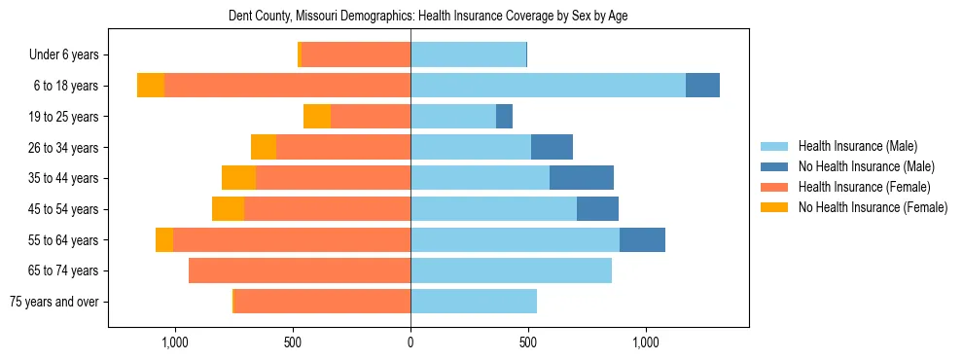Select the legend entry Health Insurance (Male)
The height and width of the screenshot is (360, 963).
click(857, 146)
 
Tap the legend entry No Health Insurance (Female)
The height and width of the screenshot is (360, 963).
click(873, 207)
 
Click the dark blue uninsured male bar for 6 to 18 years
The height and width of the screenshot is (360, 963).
click(702, 86)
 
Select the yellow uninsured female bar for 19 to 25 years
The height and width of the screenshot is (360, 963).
click(317, 117)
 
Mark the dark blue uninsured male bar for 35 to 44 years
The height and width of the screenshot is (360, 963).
click(582, 178)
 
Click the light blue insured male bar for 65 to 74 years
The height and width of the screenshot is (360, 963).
click(511, 270)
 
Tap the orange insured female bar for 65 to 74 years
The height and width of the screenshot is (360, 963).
click(300, 270)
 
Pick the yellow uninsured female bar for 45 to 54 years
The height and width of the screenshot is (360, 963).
click(228, 209)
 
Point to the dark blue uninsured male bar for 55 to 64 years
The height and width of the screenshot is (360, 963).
click(642, 239)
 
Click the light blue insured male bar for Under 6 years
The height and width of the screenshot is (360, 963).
click(468, 54)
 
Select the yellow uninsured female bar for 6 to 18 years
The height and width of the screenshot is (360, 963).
click(151, 86)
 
